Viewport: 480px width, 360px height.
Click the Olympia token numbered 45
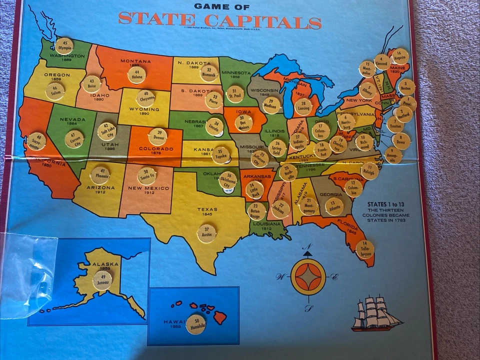(x=64, y=46)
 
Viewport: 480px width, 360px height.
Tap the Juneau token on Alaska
(x=102, y=280)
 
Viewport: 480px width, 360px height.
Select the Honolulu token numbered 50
(x=195, y=323)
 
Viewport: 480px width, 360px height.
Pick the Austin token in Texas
(x=206, y=233)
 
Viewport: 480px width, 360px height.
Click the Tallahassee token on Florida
(x=365, y=249)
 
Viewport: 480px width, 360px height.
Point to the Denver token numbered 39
(x=158, y=136)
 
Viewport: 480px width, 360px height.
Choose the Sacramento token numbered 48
(x=36, y=141)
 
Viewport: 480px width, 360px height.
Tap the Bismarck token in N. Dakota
(x=209, y=73)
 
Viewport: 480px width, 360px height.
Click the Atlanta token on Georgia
(x=334, y=206)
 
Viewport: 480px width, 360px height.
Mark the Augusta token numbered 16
(x=399, y=56)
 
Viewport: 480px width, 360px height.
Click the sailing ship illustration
(x=376, y=313)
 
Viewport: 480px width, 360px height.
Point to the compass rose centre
(x=307, y=276)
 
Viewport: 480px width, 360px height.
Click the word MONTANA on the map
(x=135, y=61)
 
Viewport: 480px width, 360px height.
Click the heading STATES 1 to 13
(x=387, y=204)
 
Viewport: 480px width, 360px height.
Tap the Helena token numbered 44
(x=136, y=75)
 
